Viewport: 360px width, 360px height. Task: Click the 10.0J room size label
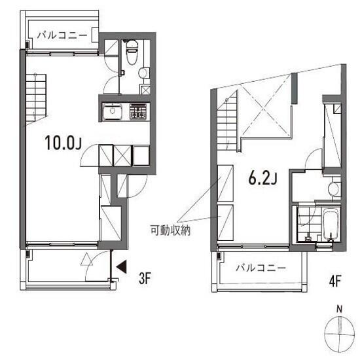point(63,143)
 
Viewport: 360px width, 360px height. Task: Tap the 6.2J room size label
point(262,178)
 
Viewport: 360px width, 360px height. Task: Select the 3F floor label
point(145,278)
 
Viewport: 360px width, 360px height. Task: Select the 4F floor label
point(335,281)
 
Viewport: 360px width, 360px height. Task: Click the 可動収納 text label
point(170,230)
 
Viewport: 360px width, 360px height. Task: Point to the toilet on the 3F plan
point(132,52)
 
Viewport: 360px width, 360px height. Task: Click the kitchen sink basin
point(113,111)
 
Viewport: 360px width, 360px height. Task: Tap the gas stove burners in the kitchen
point(138,111)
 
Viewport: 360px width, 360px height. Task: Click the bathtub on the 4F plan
point(330,225)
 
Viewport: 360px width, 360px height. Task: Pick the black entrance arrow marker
point(121,267)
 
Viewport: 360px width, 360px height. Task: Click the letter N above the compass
point(339,309)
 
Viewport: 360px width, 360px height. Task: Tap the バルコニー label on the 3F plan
point(62,35)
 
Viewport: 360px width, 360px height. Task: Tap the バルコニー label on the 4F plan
point(261,268)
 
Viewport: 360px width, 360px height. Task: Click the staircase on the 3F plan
point(36,98)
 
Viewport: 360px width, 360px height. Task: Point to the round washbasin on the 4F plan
point(333,189)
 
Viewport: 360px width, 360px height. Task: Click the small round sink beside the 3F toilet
point(143,73)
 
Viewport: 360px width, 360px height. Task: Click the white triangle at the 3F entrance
point(87,259)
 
